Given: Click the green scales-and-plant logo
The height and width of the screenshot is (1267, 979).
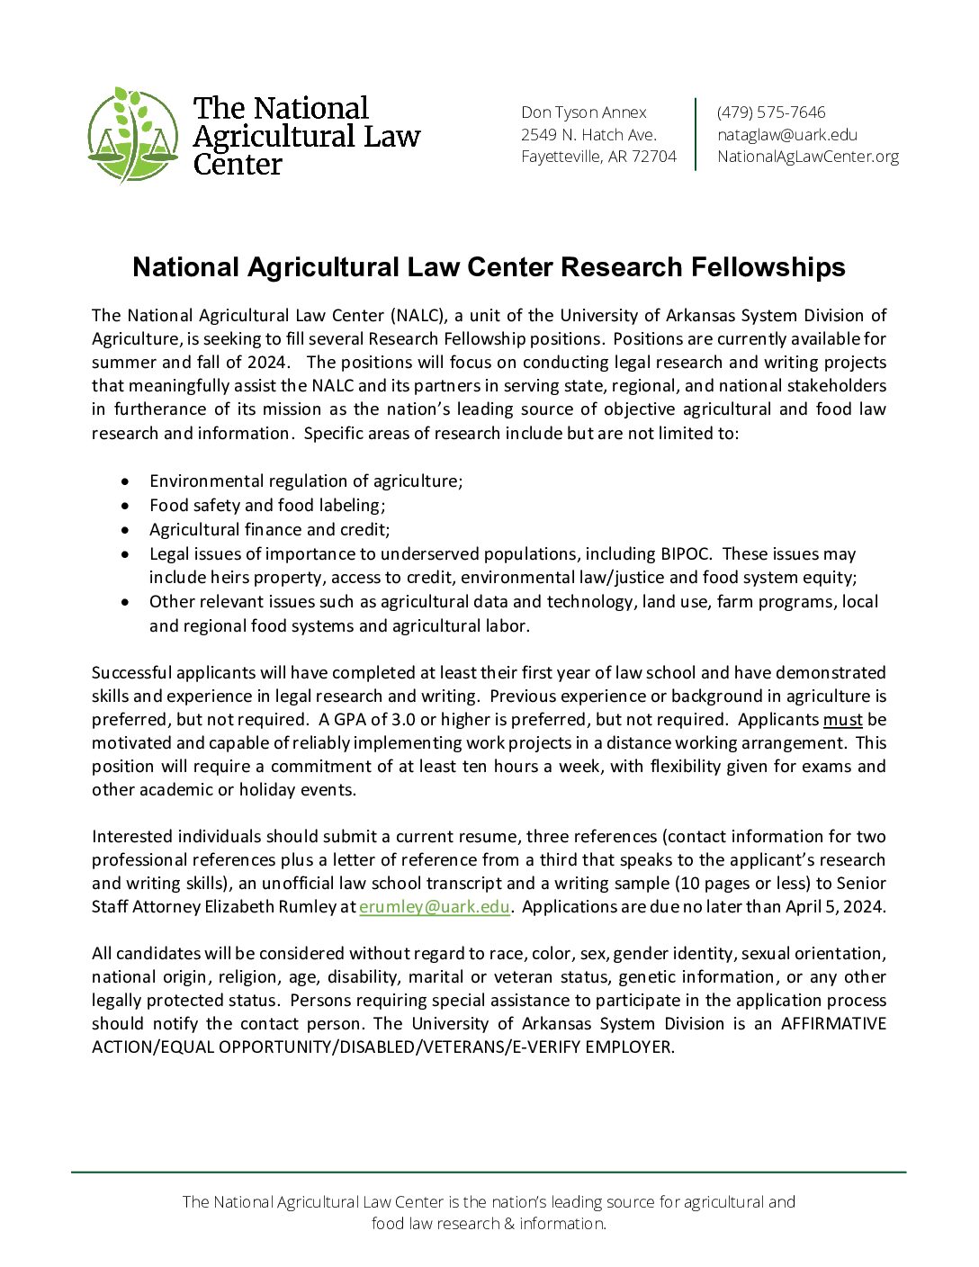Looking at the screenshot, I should point(133,136).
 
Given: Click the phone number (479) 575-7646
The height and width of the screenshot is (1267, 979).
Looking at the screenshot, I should point(770,112).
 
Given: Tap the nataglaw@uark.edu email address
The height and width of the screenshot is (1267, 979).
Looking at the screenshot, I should point(786,135).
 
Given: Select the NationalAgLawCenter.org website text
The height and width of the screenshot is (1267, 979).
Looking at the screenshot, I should point(807,157).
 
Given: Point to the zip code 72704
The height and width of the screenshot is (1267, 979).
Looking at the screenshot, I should point(654,157).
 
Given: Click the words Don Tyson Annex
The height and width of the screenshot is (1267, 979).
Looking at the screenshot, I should point(583,112).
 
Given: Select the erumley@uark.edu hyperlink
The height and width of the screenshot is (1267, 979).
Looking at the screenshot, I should point(435,907).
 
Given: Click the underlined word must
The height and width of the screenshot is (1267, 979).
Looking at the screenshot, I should point(842,720).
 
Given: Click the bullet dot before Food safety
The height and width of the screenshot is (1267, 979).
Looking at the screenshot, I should point(125,507).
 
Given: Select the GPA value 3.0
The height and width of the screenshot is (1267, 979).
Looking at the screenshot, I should point(403,720).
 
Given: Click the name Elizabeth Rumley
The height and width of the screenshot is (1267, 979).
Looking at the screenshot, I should point(270,907).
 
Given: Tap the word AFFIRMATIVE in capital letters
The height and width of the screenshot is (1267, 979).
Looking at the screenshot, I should point(833,1024).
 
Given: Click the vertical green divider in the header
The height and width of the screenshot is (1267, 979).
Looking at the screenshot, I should point(696,134).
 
